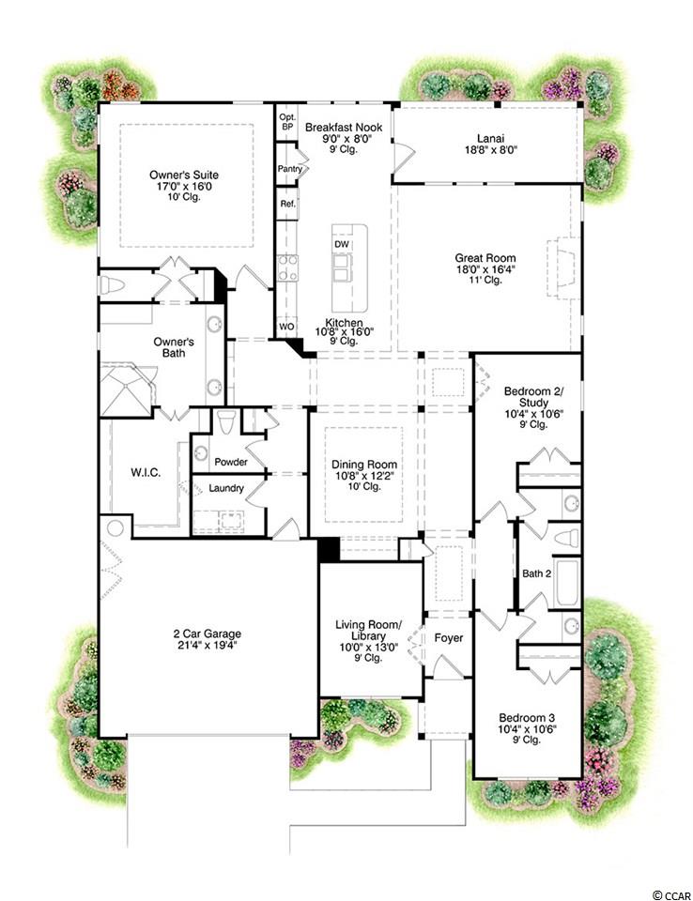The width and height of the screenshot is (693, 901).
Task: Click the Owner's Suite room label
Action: coord(184,175)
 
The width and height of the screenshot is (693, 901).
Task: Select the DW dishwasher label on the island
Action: coord(341,244)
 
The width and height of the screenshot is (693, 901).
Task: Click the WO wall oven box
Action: coord(287,327)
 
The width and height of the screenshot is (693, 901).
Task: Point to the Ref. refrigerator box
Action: coord(287,204)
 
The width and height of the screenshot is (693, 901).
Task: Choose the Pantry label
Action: coord(290,169)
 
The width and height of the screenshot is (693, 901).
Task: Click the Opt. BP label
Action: coord(287,121)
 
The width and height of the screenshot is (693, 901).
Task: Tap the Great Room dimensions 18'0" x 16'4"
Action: coord(485,269)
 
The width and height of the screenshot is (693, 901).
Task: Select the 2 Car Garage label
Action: coord(207,634)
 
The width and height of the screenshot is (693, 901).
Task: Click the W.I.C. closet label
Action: coord(146,473)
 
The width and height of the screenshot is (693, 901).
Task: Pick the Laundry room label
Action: coord(226,488)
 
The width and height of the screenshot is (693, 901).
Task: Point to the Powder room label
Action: coord(231,462)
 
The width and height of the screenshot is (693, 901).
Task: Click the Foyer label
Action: coord(449,638)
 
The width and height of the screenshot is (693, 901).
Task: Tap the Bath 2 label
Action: coord(536,573)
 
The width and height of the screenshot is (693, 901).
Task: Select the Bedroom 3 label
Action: coord(527,718)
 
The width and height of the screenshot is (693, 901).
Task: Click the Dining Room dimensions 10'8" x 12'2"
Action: coord(364,475)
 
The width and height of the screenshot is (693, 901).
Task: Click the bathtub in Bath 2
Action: coord(566,582)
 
